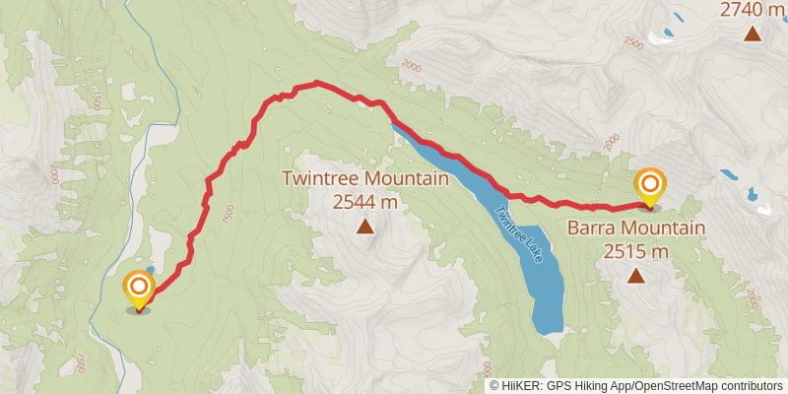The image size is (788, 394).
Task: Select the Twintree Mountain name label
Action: (364, 179)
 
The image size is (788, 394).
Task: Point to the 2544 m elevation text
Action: (364, 202)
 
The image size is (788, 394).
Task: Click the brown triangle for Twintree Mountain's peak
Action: (364, 228)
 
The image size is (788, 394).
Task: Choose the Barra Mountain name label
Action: (636, 229)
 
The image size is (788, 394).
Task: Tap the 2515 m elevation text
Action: (636, 251)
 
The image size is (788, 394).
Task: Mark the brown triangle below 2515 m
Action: (636, 277)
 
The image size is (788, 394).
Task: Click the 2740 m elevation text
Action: (753, 11)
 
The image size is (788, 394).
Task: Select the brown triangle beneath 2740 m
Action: (753, 35)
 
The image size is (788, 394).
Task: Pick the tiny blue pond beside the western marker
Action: (150, 270)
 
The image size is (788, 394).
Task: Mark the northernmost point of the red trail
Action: (317, 83)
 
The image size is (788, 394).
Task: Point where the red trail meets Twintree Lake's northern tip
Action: (393, 122)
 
